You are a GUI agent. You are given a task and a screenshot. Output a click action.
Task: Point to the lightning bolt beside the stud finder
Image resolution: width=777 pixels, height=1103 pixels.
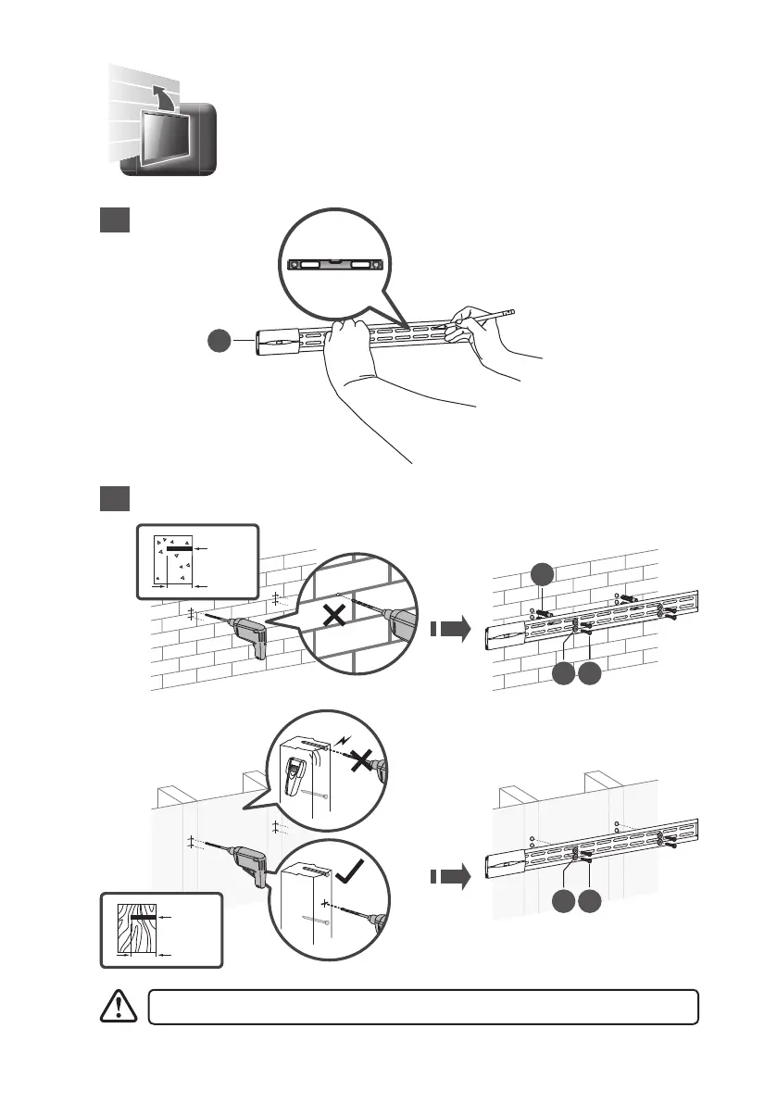[343, 742]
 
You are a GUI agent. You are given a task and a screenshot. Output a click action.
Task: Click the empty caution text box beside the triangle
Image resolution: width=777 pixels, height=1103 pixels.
[422, 1007]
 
